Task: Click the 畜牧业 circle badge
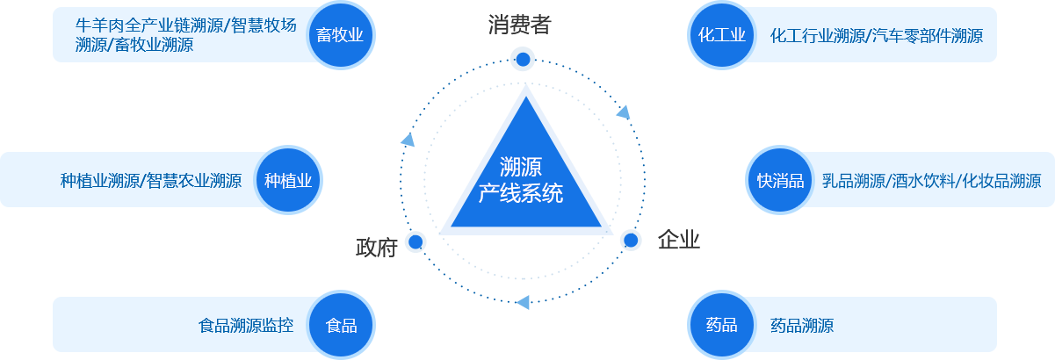tap(340, 36)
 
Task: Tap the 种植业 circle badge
tap(288, 182)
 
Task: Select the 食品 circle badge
tap(341, 326)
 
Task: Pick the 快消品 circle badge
tap(780, 182)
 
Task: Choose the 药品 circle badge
tap(721, 326)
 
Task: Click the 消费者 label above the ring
tap(519, 25)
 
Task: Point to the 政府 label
tap(377, 248)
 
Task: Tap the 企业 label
tap(678, 240)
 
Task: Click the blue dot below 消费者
tap(523, 60)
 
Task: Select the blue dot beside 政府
tap(415, 241)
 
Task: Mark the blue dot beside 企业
tap(631, 240)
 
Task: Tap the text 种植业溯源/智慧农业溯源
tap(151, 182)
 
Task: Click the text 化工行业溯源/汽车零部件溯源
tap(876, 36)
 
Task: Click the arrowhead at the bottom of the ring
tap(524, 302)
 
